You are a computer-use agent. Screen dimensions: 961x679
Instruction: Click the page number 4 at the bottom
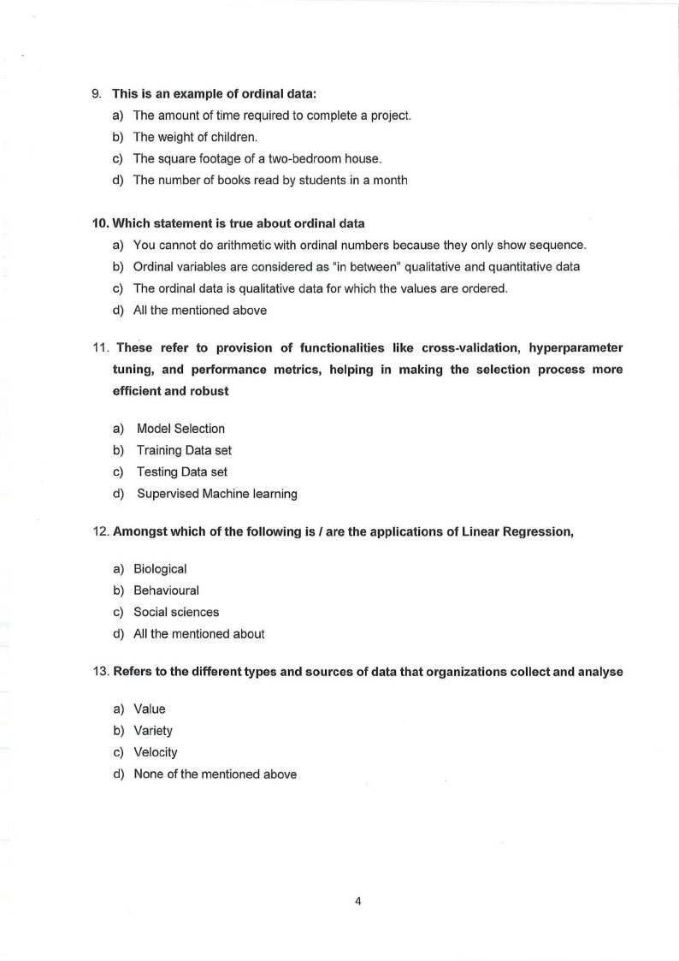[358, 900]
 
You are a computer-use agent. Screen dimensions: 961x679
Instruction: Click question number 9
[96, 93]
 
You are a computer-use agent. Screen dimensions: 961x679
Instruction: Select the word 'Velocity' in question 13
[156, 752]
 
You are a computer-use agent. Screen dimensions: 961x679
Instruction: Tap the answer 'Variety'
[153, 731]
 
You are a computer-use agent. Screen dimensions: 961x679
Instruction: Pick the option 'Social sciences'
[176, 612]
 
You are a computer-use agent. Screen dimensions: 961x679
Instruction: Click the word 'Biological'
[160, 569]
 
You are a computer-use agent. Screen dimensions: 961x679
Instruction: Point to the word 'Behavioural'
[166, 590]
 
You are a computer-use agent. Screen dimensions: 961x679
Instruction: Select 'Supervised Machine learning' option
[216, 493]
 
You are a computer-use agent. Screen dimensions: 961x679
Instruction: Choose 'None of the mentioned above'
[216, 774]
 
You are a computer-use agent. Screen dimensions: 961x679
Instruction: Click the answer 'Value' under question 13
[150, 709]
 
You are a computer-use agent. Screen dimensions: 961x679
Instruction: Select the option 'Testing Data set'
[180, 472]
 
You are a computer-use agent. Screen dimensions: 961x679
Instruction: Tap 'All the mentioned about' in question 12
[199, 634]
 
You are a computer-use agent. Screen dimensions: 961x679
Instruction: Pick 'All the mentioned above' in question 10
[200, 310]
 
